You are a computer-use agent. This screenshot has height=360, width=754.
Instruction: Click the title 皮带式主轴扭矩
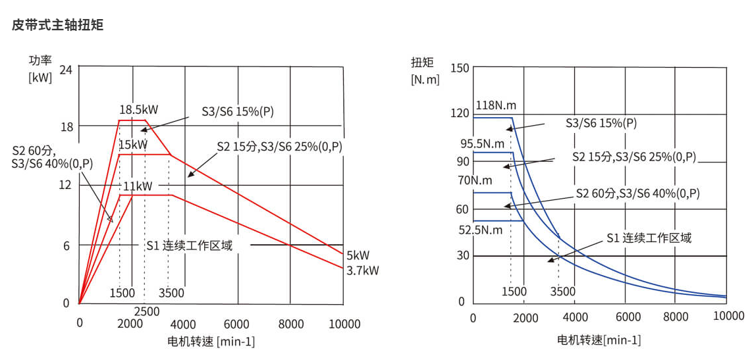click(x=58, y=26)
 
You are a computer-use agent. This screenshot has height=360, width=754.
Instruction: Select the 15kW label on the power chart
click(x=133, y=144)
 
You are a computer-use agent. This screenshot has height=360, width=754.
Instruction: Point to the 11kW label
click(x=138, y=186)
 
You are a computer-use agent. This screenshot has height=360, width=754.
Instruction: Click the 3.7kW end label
click(x=362, y=270)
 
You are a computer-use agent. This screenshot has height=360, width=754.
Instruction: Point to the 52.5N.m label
click(x=481, y=230)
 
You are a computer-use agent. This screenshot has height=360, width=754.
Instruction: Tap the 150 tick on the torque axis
click(x=460, y=68)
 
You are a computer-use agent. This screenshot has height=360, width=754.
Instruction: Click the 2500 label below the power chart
click(x=146, y=311)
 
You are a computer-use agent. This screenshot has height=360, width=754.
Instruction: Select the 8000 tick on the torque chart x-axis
click(x=676, y=317)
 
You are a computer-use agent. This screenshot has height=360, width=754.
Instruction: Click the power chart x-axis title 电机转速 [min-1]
click(x=211, y=342)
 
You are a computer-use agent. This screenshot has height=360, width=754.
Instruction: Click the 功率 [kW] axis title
click(x=40, y=68)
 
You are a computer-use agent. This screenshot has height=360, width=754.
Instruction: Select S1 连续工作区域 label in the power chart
click(x=189, y=245)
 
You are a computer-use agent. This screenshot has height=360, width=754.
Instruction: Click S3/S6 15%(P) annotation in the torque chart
click(x=601, y=122)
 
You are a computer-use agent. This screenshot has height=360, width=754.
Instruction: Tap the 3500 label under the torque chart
click(x=562, y=292)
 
